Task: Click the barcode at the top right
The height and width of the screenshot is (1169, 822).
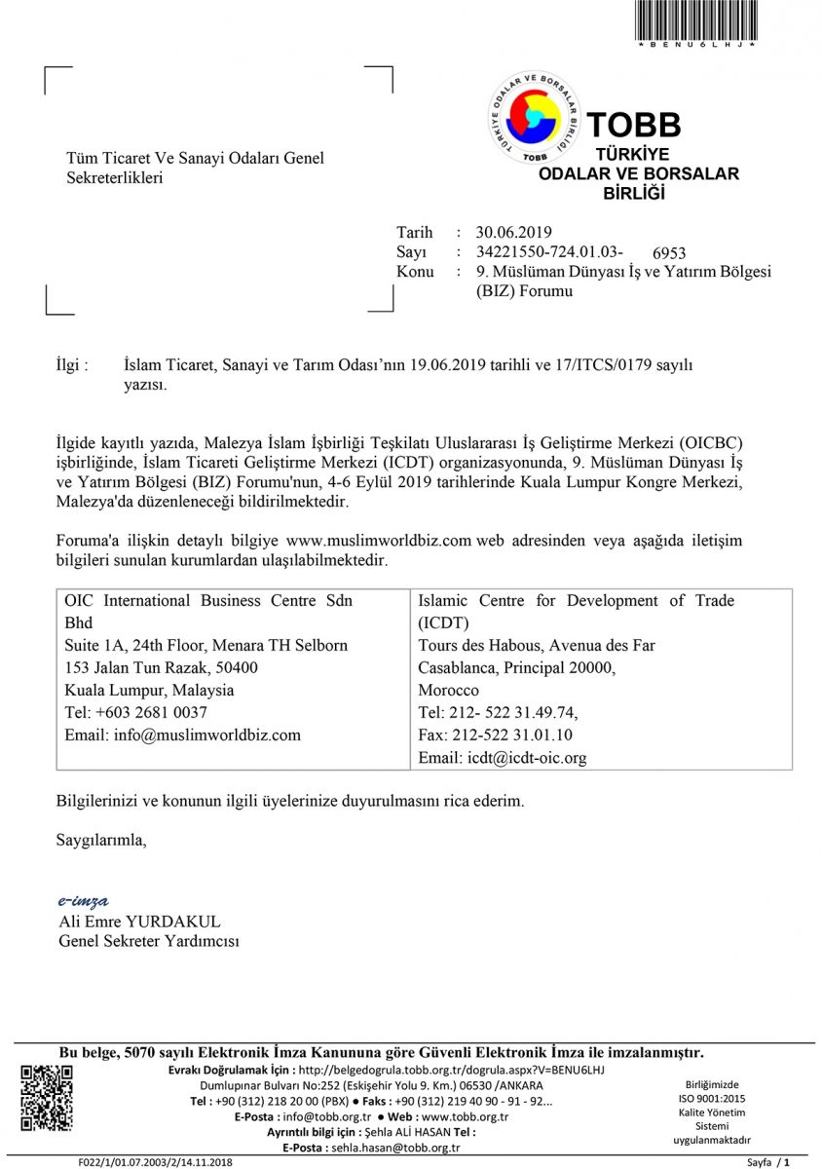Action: [x=696, y=19]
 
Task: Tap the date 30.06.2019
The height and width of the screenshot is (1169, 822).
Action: [x=513, y=232]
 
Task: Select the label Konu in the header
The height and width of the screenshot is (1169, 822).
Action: [x=415, y=272]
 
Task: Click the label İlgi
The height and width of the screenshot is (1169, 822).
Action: [x=74, y=365]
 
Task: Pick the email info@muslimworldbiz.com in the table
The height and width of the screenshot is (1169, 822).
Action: [x=182, y=735]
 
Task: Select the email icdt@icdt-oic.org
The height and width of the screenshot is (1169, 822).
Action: [x=502, y=757]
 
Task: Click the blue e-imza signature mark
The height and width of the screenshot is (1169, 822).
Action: [x=83, y=900]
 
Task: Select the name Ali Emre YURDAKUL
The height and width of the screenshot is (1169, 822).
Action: [x=139, y=921]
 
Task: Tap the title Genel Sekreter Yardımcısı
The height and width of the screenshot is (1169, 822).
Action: [x=149, y=941]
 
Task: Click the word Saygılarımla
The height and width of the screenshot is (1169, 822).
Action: [x=101, y=839]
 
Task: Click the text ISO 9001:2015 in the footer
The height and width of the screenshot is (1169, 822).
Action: [x=712, y=1098]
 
